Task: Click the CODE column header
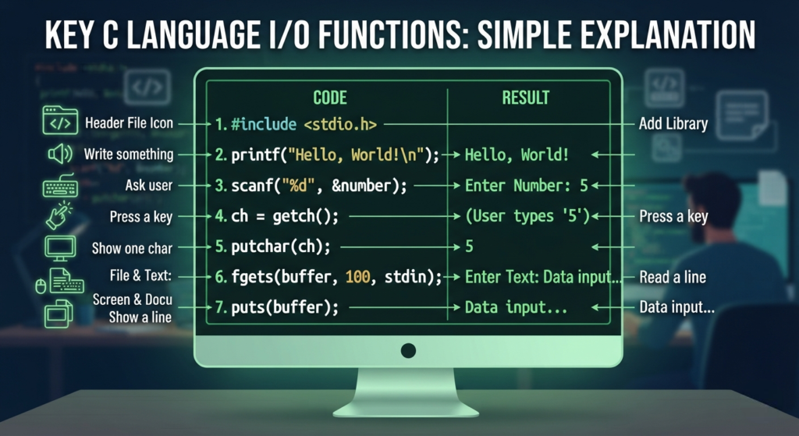point(330,97)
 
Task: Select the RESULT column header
point(525,97)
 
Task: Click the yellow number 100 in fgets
point(357,277)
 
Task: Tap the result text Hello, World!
point(517,155)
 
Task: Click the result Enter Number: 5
point(527,186)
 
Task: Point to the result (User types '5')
point(527,217)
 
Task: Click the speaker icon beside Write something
point(59,154)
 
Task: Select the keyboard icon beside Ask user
point(60,186)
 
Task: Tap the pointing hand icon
point(59,215)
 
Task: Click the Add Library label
point(673,124)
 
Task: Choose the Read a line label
point(673,277)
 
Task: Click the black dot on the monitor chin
point(408,350)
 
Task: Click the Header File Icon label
point(129,123)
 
